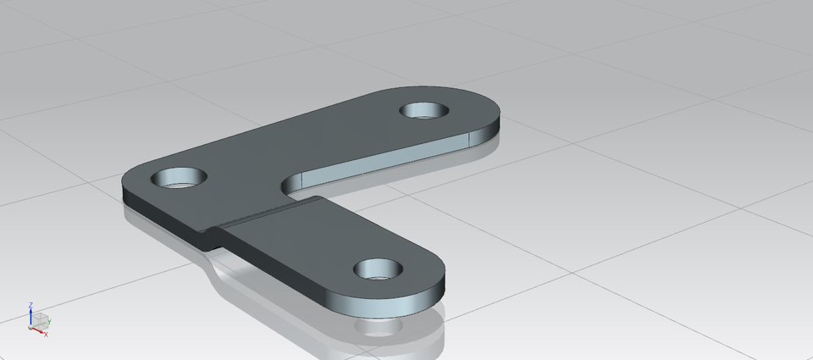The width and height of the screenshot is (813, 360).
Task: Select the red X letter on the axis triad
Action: (x=46, y=335)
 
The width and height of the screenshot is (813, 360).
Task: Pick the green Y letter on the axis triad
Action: (x=50, y=322)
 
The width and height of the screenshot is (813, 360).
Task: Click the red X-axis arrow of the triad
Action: (x=38, y=330)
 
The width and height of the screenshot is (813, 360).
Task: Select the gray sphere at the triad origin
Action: (x=31, y=325)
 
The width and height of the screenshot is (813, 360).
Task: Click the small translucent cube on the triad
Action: (x=39, y=319)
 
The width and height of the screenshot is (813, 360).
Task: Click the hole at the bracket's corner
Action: (x=179, y=178)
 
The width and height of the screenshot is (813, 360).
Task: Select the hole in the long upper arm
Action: (x=426, y=110)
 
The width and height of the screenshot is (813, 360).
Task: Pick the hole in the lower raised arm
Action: (x=378, y=269)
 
